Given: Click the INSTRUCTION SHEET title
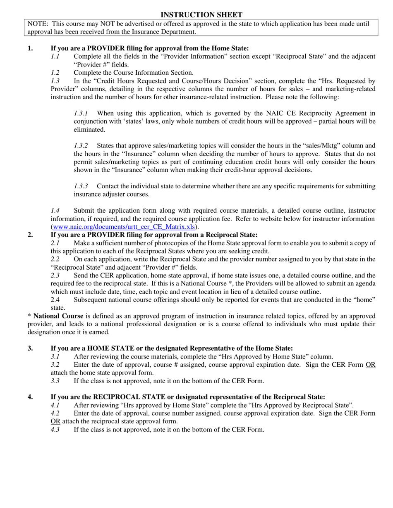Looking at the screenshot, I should point(201,15).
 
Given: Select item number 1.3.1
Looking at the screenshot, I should point(81,113).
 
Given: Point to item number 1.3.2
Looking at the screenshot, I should point(81,145).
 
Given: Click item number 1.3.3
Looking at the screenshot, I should point(81,186).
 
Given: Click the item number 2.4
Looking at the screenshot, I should point(55,299).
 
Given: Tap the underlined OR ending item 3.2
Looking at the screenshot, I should point(371,365).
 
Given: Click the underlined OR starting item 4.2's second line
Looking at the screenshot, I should point(55,421).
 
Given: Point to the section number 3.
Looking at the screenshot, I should point(30,348).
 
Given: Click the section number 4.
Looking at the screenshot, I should point(30,397).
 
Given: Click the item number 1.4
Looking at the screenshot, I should point(55,211).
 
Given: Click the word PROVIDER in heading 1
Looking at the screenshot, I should point(105,48).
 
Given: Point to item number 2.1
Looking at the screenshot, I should point(55,243).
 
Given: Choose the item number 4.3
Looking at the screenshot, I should point(55,429).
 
